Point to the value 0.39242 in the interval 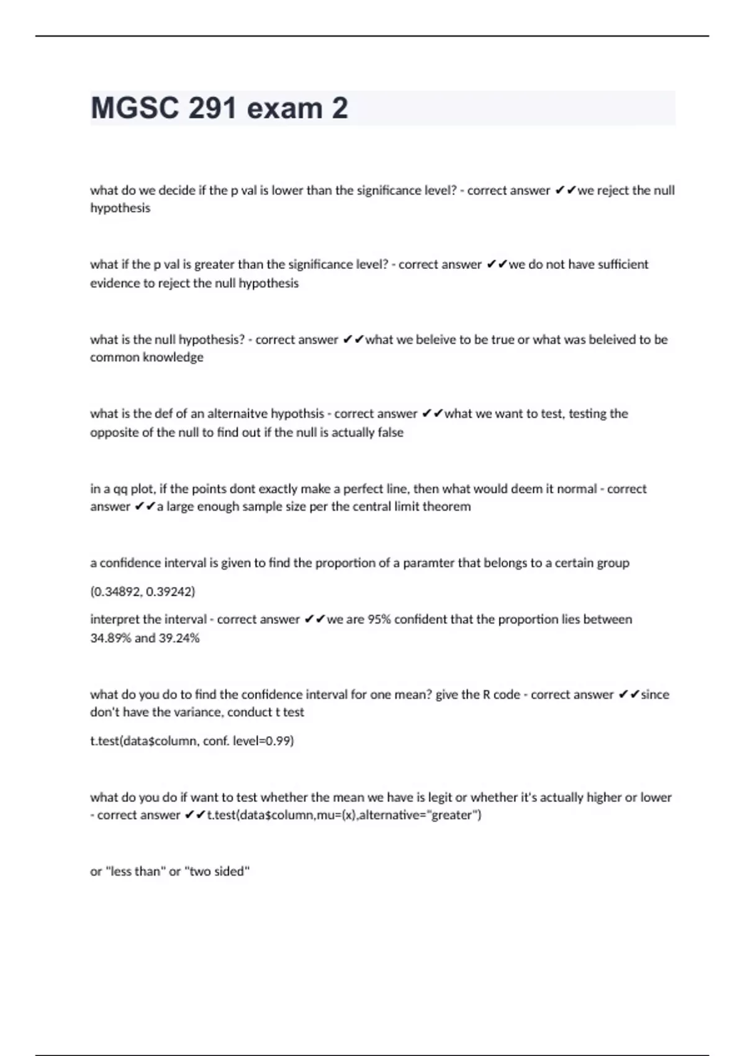tap(170, 591)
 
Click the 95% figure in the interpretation tap(379, 619)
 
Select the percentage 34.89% tap(110, 638)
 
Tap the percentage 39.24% tap(179, 638)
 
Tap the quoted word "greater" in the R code tap(451, 815)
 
